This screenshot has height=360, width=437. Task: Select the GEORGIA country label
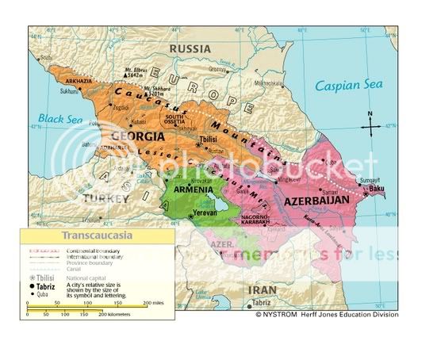pyautogui.click(x=122, y=136)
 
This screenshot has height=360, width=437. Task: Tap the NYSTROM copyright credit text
pyautogui.click(x=325, y=315)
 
